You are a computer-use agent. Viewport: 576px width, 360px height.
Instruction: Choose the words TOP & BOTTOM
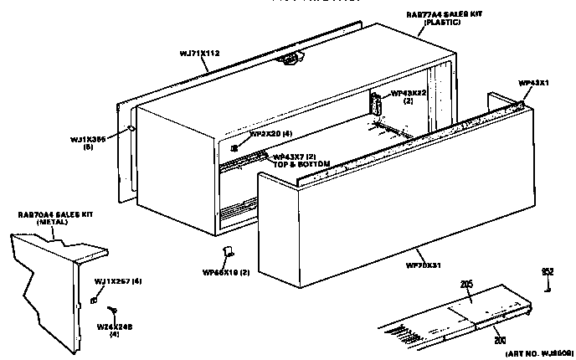coord(302,163)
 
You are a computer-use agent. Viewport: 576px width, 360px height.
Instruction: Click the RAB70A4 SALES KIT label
coord(55,215)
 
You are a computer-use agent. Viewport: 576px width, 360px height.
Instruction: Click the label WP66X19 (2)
coord(223,271)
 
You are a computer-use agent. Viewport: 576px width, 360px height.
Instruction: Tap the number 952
coord(547,272)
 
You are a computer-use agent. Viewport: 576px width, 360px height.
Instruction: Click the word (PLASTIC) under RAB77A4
coord(437,23)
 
